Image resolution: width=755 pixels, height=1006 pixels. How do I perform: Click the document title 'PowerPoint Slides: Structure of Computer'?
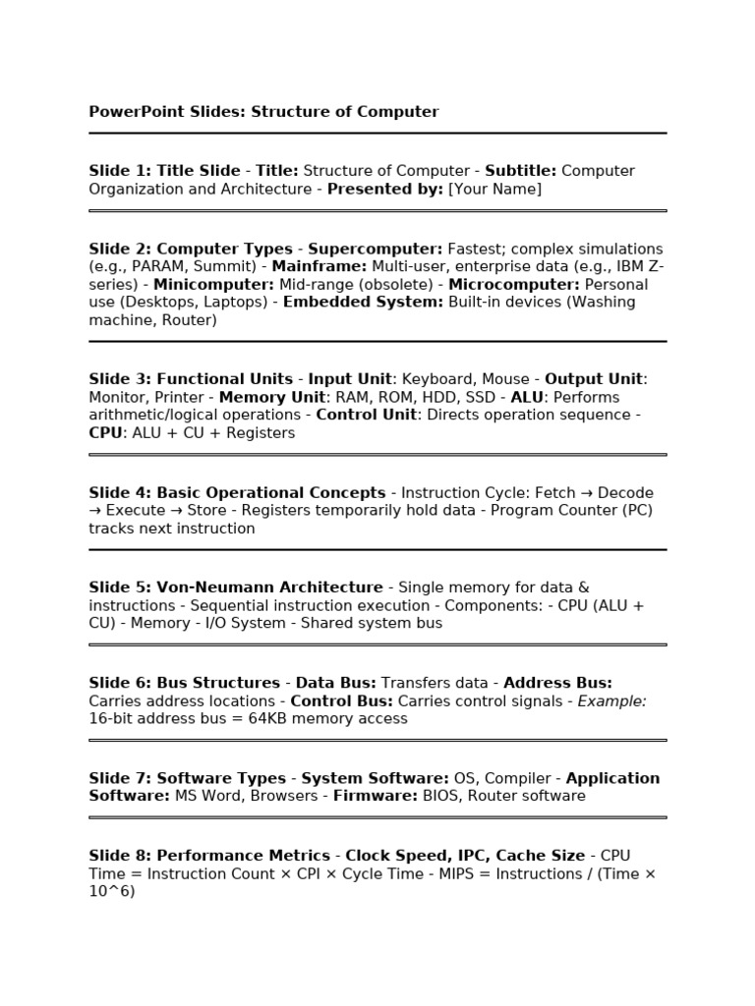(263, 112)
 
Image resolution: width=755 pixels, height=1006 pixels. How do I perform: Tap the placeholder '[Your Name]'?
(494, 189)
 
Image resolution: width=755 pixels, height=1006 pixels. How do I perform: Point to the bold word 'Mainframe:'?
(319, 267)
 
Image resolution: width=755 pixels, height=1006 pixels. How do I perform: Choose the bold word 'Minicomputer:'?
(214, 285)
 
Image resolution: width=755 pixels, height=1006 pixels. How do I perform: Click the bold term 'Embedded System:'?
(363, 303)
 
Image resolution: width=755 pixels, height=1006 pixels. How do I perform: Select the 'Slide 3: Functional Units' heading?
(191, 379)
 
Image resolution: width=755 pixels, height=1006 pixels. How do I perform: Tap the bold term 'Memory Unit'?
(271, 398)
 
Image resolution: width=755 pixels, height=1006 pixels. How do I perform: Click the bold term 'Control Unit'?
(366, 416)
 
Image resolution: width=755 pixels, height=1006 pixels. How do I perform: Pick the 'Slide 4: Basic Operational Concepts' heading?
(237, 493)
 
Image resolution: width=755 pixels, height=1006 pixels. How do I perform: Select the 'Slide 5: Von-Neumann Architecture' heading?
(236, 587)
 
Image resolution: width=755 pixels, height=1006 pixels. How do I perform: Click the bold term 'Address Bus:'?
(557, 683)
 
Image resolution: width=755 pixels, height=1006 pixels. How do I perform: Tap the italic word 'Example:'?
(611, 701)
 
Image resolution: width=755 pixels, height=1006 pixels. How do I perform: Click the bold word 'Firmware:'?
(376, 797)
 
